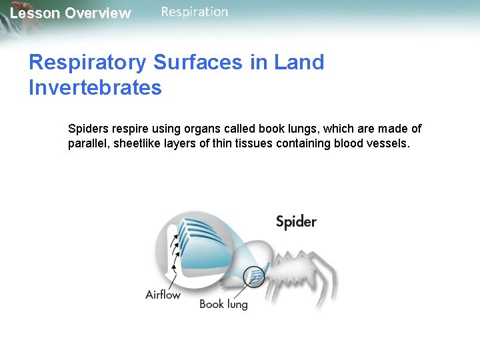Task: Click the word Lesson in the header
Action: pos(34,13)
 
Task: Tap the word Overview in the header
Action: pos(98,13)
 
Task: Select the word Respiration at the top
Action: pos(194,12)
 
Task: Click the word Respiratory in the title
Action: pos(87,63)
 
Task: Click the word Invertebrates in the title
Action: pos(95,87)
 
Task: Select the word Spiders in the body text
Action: pos(89,129)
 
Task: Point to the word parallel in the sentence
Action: pos(89,144)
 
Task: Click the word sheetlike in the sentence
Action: pos(141,144)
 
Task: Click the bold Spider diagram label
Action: pos(296,222)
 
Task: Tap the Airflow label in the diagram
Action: pos(163,294)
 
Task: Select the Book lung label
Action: pos(223,305)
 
